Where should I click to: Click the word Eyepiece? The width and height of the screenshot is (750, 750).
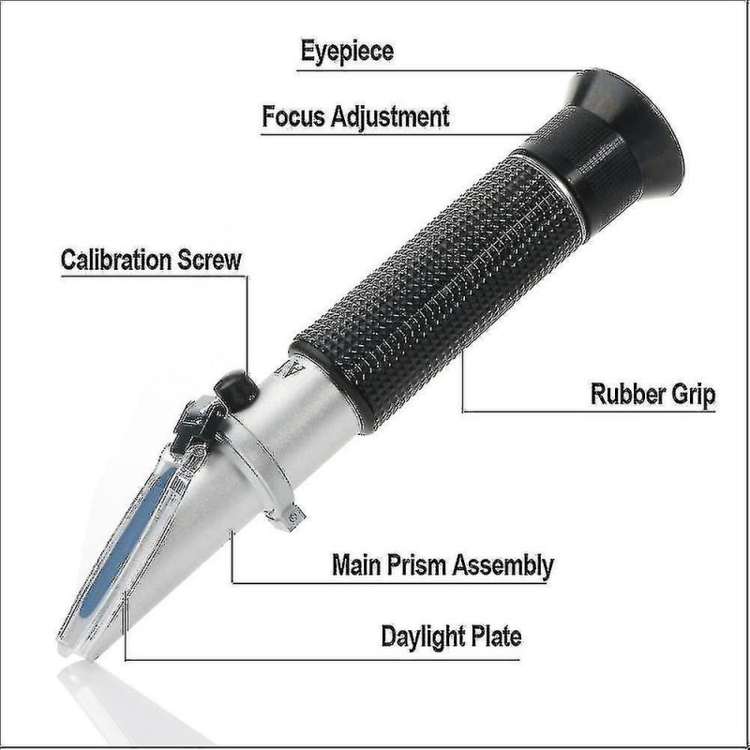(347, 52)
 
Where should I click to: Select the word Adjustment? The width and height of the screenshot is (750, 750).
(391, 116)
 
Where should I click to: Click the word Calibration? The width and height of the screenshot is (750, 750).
(115, 260)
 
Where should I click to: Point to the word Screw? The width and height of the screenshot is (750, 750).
(209, 261)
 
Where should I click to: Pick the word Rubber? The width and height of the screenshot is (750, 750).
(622, 394)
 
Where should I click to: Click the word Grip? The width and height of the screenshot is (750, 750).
(687, 395)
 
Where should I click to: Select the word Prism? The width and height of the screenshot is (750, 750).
(416, 564)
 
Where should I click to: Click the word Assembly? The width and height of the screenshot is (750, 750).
(503, 566)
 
